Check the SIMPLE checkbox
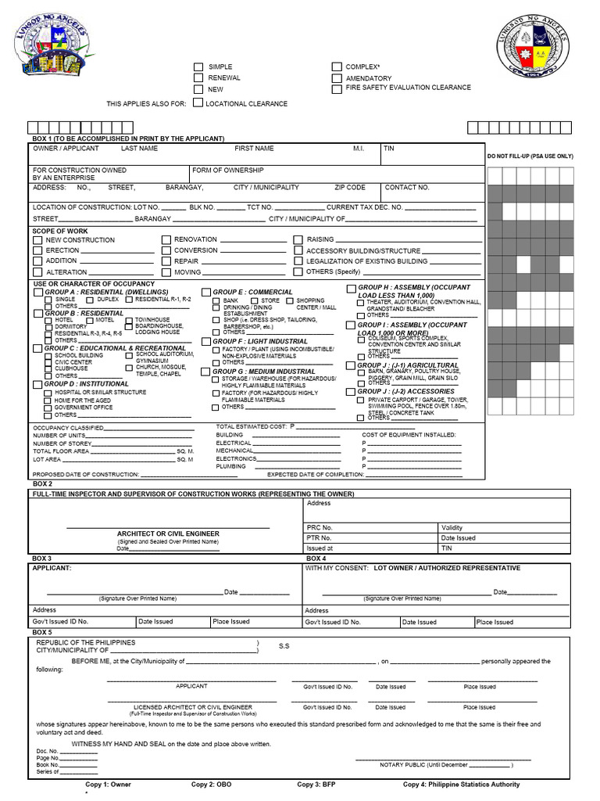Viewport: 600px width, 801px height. [198, 67]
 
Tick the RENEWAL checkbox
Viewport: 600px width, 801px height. [198, 78]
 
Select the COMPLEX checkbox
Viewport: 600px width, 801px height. [337, 67]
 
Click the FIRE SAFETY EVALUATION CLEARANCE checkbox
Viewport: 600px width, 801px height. [337, 88]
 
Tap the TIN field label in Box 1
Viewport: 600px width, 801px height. [389, 148]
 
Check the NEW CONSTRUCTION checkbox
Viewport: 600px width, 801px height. [37, 240]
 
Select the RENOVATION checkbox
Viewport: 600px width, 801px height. [166, 240]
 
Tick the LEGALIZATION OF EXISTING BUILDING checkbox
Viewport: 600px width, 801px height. [298, 261]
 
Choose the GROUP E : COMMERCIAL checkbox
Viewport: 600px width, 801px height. [206, 292]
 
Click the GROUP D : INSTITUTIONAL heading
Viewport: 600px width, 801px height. [86, 384]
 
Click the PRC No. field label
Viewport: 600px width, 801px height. [320, 528]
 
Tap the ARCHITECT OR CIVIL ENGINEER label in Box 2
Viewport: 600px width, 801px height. [168, 533]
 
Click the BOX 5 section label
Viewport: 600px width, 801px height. [42, 631]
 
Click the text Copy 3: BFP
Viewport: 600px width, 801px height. [320, 784]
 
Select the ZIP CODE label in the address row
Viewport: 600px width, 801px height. [350, 188]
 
